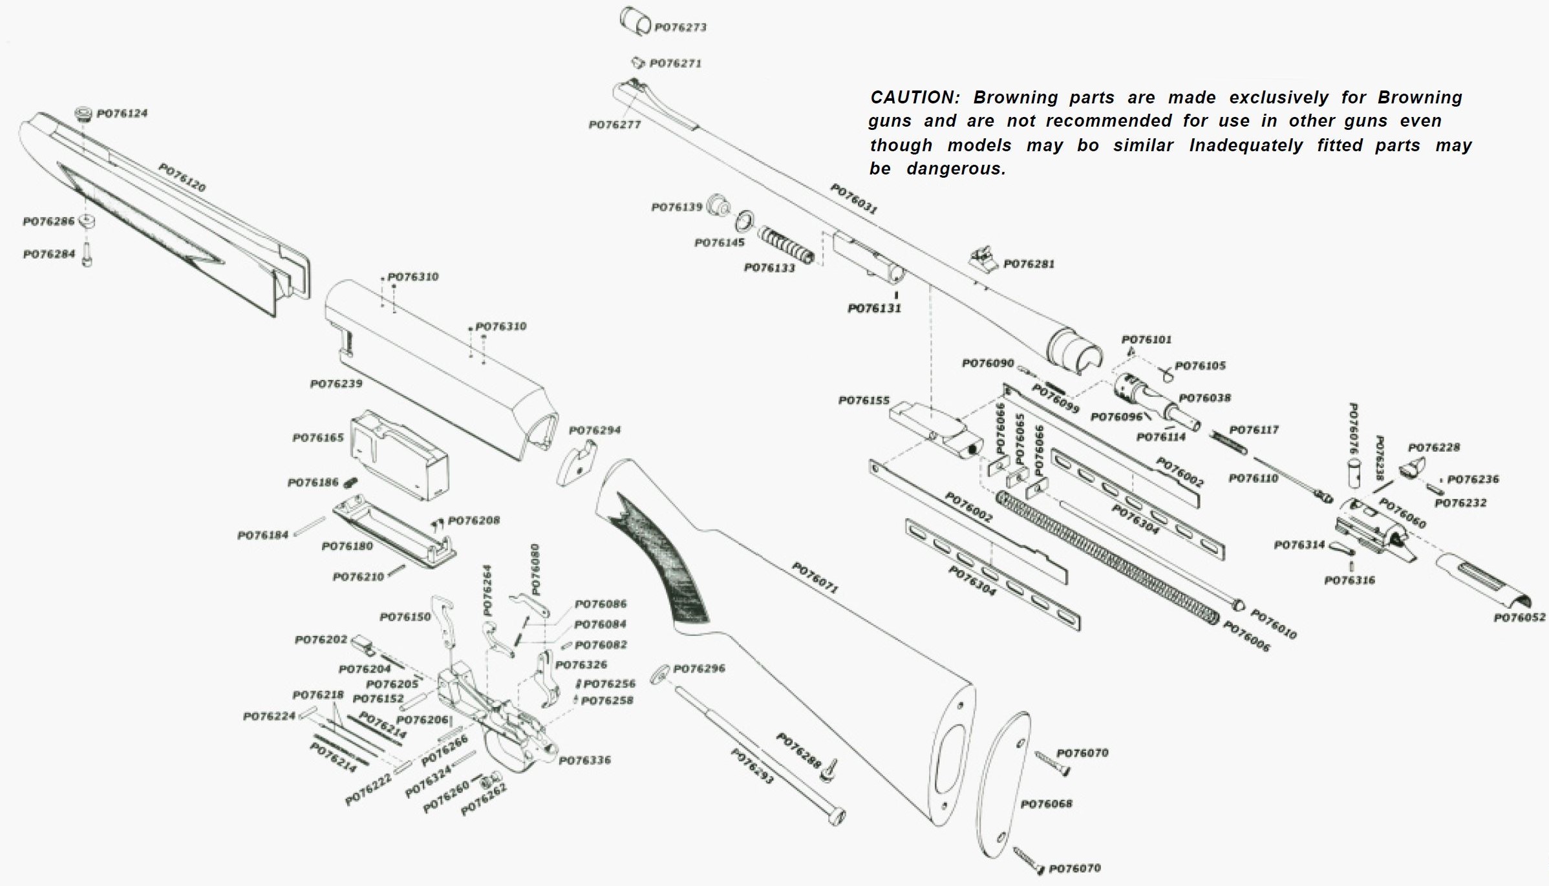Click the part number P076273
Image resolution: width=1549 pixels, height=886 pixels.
680,27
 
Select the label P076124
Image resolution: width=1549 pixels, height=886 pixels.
122,114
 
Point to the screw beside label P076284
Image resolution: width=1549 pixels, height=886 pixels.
88,255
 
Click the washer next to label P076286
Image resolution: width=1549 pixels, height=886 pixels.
87,222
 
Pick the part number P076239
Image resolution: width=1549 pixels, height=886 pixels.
336,384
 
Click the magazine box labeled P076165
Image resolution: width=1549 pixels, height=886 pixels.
399,456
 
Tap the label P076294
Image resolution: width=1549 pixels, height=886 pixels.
594,430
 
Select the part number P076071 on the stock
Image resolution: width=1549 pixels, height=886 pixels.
815,578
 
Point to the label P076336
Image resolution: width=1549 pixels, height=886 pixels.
584,761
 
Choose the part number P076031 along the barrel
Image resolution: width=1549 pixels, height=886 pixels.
853,198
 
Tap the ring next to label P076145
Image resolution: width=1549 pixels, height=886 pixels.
744,221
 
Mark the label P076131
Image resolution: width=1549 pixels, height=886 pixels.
874,308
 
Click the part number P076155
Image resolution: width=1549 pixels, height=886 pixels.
864,401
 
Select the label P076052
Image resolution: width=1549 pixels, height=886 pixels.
1519,618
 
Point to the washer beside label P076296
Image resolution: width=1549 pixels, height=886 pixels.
659,674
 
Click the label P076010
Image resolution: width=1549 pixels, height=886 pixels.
1273,624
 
